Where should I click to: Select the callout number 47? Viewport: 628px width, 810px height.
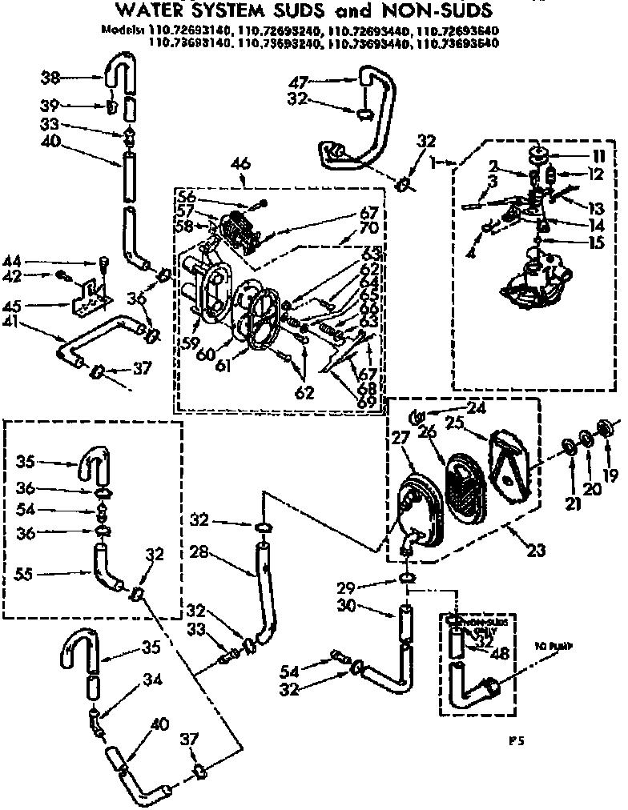298,81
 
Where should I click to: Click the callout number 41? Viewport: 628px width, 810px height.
34,326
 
